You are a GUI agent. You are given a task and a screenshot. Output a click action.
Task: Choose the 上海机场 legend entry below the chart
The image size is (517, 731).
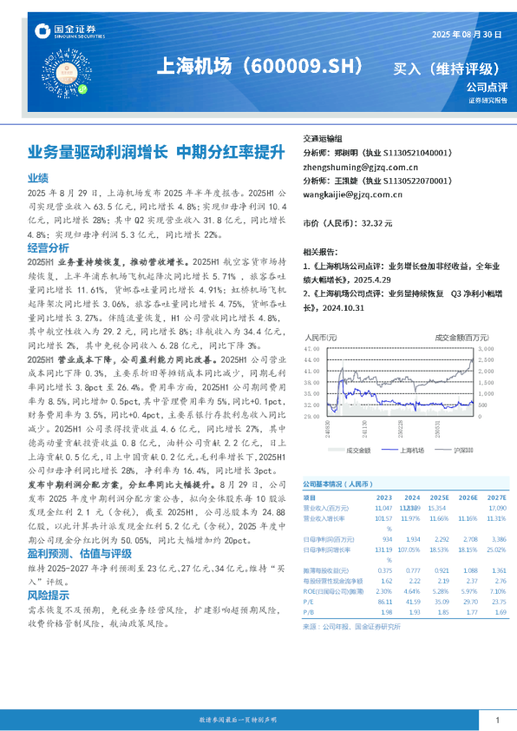[x=409, y=450]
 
